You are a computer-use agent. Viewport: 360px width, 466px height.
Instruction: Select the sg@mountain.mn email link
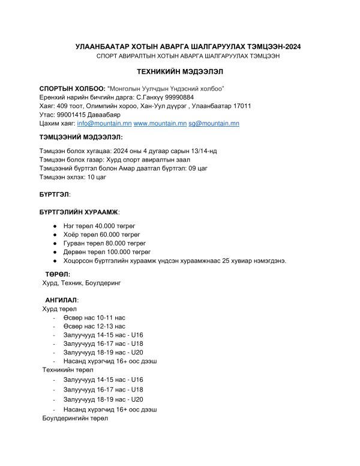[x=214, y=124]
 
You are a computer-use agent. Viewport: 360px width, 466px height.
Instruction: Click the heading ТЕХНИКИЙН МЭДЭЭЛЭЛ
[x=179, y=71]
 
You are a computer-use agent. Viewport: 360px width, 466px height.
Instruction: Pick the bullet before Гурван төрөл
[x=55, y=243]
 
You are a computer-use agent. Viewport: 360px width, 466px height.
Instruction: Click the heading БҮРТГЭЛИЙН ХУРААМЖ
[x=79, y=212]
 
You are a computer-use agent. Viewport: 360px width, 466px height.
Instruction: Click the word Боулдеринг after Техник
[x=101, y=282]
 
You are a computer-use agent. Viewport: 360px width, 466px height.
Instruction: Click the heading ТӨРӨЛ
[x=58, y=273]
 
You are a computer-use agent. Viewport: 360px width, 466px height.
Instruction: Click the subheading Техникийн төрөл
[x=67, y=370]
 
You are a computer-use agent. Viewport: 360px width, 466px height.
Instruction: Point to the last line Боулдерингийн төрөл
[x=74, y=418]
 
